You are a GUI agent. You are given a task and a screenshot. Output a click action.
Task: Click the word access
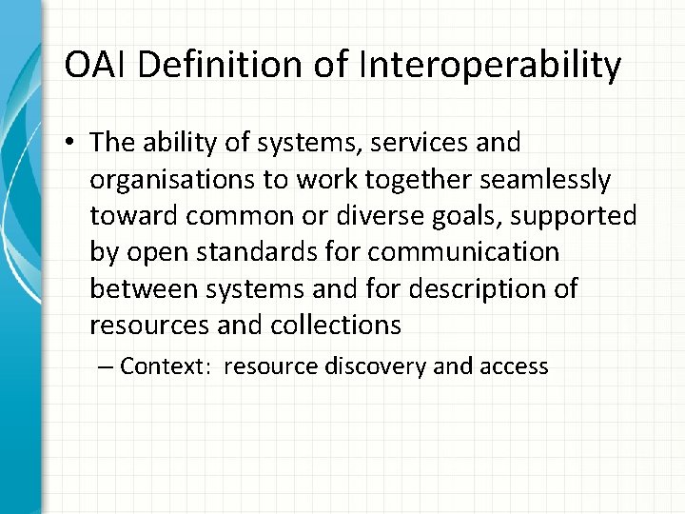tap(518, 366)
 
